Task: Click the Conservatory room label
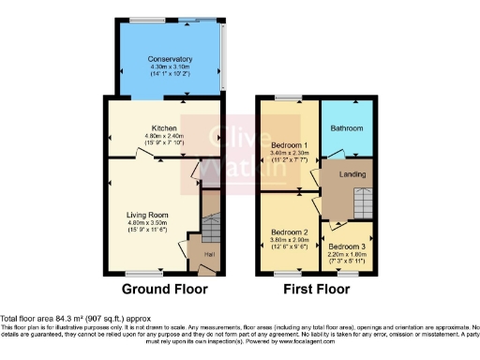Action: tap(170, 59)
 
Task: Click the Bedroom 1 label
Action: tap(289, 145)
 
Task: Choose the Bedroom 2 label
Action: tap(289, 232)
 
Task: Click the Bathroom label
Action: tap(347, 127)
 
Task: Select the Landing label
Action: tap(352, 175)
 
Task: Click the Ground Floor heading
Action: tap(159, 288)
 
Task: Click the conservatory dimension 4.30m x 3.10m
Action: tap(170, 67)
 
